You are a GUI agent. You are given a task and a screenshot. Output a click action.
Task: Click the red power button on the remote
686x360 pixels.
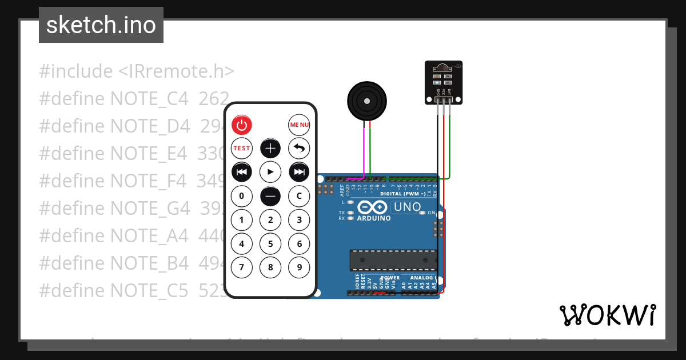[x=242, y=125]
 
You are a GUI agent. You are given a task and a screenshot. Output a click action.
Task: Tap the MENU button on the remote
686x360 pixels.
[x=299, y=125]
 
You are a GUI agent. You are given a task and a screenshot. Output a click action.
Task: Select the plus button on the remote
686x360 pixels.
[x=270, y=149]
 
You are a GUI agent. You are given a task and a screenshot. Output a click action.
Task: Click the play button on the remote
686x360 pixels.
[x=270, y=171]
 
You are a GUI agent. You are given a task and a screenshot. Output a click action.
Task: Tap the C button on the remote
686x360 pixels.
[x=299, y=196]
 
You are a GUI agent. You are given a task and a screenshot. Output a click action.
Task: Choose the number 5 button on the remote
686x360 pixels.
[x=270, y=244]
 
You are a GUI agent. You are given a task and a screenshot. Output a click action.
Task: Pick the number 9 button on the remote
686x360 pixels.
[x=299, y=267]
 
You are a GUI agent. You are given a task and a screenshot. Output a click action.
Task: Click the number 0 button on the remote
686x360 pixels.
[x=242, y=196]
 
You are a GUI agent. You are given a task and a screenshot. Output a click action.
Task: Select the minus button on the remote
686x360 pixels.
[x=270, y=196]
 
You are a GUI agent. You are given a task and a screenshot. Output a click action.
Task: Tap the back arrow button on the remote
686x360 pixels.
[x=299, y=149]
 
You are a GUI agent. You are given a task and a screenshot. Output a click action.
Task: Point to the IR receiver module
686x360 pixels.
[x=443, y=82]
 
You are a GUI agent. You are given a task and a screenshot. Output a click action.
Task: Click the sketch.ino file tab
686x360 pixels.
[x=101, y=25]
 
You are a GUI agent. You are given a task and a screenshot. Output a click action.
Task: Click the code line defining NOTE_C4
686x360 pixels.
[x=134, y=98]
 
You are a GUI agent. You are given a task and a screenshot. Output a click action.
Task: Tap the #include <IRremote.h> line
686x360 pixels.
[x=137, y=71]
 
